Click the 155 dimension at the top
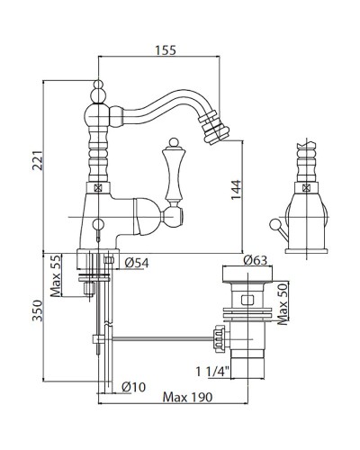[166, 50]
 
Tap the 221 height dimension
[38, 160]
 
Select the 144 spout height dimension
[236, 190]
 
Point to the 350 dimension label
[38, 310]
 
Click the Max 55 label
[56, 275]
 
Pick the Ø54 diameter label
[137, 263]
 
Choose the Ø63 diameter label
[255, 260]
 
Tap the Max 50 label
[283, 304]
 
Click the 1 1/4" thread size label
[212, 372]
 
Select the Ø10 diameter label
[134, 387]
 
